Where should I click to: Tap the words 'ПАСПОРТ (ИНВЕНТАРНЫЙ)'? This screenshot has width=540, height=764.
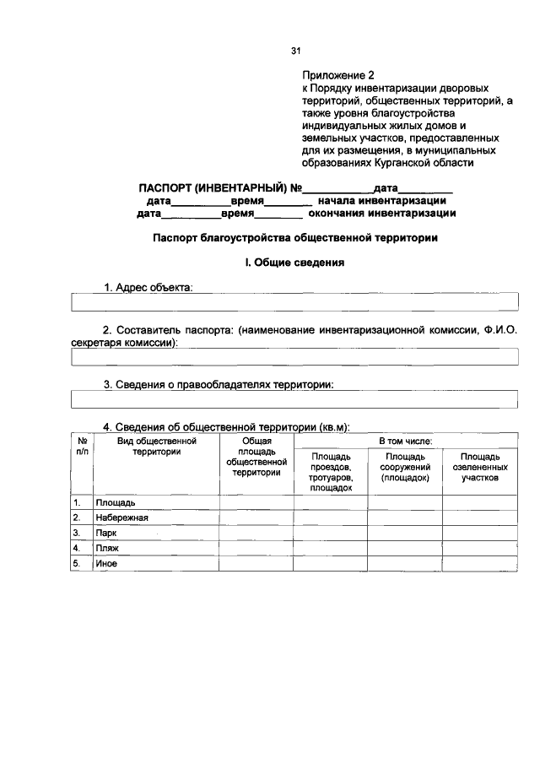[x=211, y=188]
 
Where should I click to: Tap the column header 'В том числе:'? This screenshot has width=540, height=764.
[x=405, y=441]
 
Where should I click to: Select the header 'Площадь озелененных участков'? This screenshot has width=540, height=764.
[x=480, y=467]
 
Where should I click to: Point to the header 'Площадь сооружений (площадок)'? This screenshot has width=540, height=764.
[x=405, y=467]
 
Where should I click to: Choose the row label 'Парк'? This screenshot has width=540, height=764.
[x=105, y=534]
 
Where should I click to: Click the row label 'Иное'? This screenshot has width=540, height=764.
[x=106, y=564]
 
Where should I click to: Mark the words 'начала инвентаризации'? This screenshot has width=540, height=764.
[x=381, y=201]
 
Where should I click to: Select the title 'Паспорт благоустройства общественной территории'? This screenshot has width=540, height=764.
[x=294, y=238]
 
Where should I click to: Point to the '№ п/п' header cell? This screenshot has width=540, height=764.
[x=82, y=446]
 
